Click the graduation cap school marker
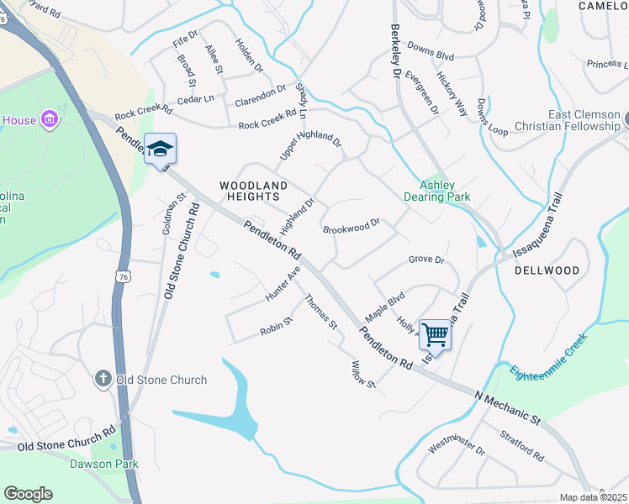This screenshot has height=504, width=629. (160, 150)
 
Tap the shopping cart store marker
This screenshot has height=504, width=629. (435, 334)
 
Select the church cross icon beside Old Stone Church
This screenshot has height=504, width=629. (103, 380)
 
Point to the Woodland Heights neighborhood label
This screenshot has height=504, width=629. (253, 191)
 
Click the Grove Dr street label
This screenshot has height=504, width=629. (425, 260)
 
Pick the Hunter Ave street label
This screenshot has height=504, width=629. (283, 284)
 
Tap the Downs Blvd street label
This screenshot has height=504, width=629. (431, 54)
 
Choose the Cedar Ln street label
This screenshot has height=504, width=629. (196, 98)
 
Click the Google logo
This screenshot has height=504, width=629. (28, 494)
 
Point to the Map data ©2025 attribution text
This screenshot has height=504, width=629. (593, 497)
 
